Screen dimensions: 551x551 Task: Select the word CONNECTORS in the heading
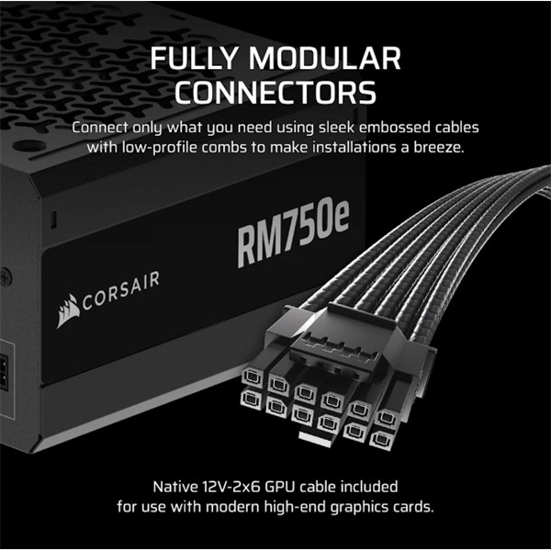coord(275,92)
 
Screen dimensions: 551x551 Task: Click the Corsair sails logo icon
coord(69,310)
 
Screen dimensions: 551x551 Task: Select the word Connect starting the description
coord(101,126)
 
